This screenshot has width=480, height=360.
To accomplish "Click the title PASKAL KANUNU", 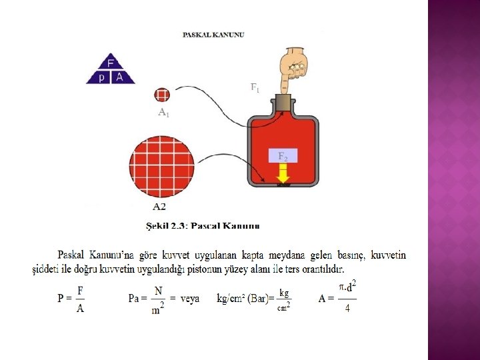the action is (213, 35).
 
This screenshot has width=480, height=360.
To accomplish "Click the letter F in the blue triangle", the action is (111, 64).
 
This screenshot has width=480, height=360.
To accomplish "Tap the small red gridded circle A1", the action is (162, 95).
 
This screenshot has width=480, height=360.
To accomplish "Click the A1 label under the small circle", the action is (163, 113).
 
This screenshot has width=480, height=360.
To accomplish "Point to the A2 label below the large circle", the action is (160, 206).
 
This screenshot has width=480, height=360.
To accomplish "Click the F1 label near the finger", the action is (255, 87).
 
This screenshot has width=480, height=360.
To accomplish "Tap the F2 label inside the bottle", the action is (283, 157).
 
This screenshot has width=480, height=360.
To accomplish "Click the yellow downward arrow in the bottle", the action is (283, 173).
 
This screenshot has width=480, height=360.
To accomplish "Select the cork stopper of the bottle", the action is (283, 103).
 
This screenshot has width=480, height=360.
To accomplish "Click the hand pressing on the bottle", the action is (291, 67).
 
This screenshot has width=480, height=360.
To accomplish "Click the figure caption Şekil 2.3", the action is (203, 225).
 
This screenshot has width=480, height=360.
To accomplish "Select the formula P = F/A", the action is (71, 298).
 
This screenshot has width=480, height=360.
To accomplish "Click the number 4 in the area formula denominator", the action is (347, 309).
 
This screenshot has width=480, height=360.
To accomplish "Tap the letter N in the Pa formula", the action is (158, 291).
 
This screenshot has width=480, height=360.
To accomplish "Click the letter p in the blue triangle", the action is (102, 77).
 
